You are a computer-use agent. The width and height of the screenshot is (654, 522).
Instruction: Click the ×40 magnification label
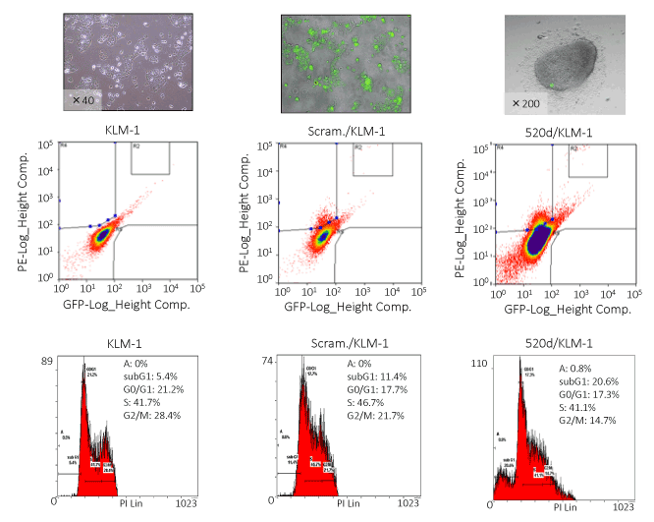[83, 99]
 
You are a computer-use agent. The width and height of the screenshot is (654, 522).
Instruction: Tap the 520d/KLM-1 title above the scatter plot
[560, 133]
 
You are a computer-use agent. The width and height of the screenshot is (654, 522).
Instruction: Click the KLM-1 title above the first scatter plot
[129, 131]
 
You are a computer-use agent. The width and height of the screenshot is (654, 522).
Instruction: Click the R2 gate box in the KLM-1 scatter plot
[150, 158]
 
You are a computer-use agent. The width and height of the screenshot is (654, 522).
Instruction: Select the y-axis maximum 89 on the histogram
[47, 363]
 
